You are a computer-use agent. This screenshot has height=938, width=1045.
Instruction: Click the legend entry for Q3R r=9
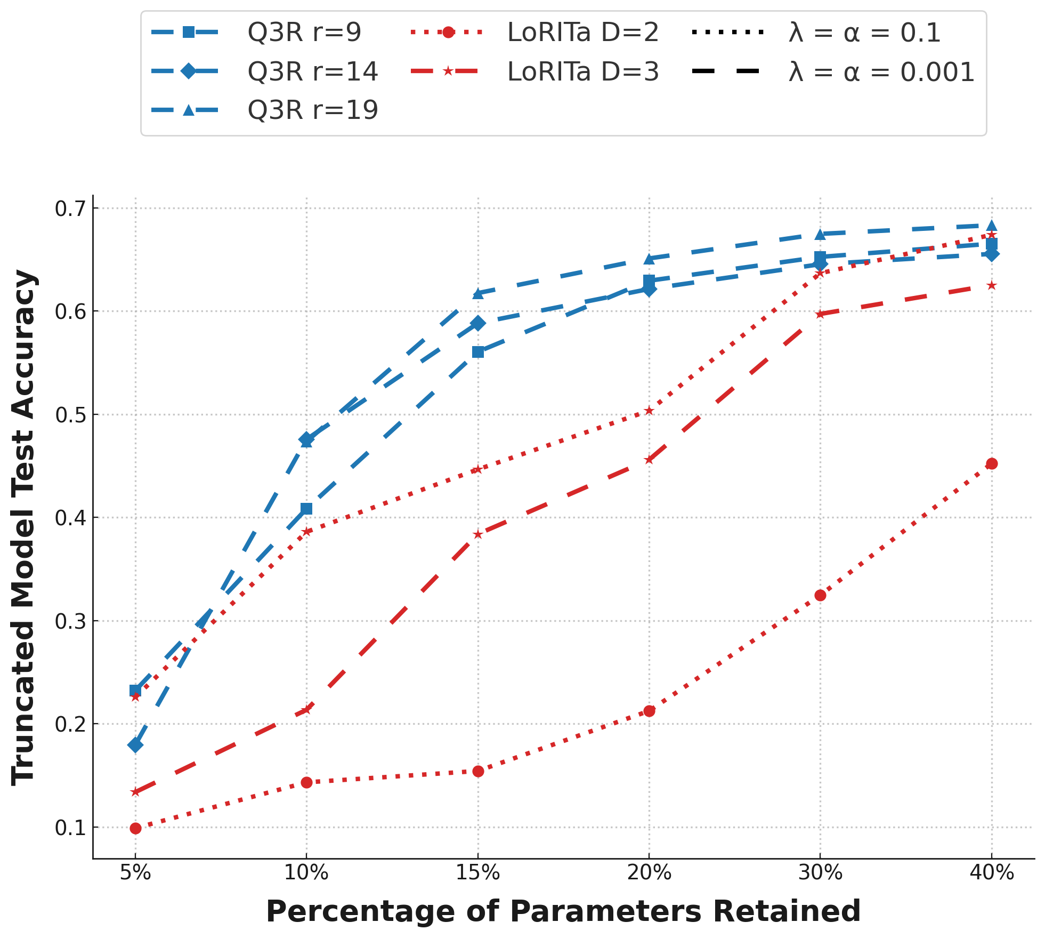[x=304, y=33]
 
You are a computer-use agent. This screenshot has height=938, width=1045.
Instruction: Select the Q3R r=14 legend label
[x=313, y=72]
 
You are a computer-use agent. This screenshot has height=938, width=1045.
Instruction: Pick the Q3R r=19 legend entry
[x=313, y=110]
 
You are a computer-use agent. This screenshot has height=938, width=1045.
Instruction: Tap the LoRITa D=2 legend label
[x=583, y=33]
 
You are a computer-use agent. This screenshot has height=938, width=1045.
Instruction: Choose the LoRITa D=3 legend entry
[x=583, y=72]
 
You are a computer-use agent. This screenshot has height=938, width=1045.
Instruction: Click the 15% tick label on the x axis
[x=478, y=873]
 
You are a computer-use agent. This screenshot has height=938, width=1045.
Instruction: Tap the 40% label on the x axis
[x=992, y=873]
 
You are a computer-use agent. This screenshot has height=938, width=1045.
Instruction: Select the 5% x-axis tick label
[x=135, y=873]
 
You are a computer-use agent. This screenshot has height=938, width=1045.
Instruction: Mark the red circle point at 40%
[x=992, y=464]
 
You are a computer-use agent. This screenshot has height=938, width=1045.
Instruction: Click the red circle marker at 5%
[x=135, y=828]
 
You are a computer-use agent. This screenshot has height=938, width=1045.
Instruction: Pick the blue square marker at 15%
[x=478, y=352]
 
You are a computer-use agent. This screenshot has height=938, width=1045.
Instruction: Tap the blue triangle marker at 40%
[x=992, y=226]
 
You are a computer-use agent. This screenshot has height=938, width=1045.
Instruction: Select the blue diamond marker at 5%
[x=135, y=745]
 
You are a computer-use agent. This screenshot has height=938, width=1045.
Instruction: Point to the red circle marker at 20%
[x=649, y=711]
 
